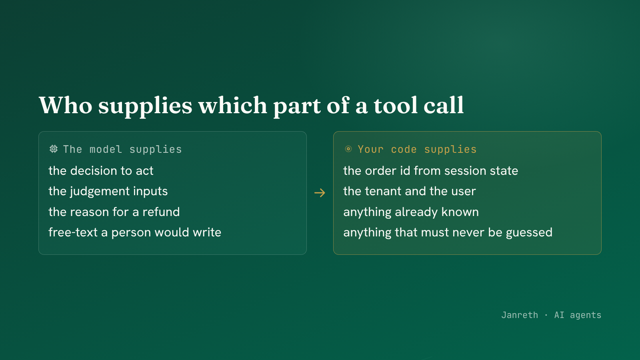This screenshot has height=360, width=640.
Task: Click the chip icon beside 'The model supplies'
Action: pyautogui.click(x=54, y=149)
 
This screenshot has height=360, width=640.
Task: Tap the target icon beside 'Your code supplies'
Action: pyautogui.click(x=348, y=149)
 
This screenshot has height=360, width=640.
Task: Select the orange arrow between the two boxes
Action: pyautogui.click(x=320, y=193)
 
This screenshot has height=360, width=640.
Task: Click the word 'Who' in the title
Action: pyautogui.click(x=66, y=106)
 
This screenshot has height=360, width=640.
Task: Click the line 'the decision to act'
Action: pyautogui.click(x=101, y=171)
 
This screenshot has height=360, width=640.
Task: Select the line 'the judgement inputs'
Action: pyautogui.click(x=108, y=192)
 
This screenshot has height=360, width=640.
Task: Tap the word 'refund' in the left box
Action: pyautogui.click(x=161, y=212)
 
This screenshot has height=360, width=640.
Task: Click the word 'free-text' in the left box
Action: pyautogui.click(x=73, y=232)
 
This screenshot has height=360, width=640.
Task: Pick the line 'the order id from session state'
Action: pyautogui.click(x=430, y=171)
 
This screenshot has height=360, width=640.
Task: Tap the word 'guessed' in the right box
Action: pyautogui.click(x=529, y=233)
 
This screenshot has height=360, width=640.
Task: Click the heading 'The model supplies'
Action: pyautogui.click(x=122, y=150)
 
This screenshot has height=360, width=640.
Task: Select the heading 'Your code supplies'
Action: pyautogui.click(x=417, y=150)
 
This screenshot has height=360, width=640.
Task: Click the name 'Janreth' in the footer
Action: pyautogui.click(x=520, y=315)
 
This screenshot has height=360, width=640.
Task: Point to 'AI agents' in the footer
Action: pyautogui.click(x=578, y=316)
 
